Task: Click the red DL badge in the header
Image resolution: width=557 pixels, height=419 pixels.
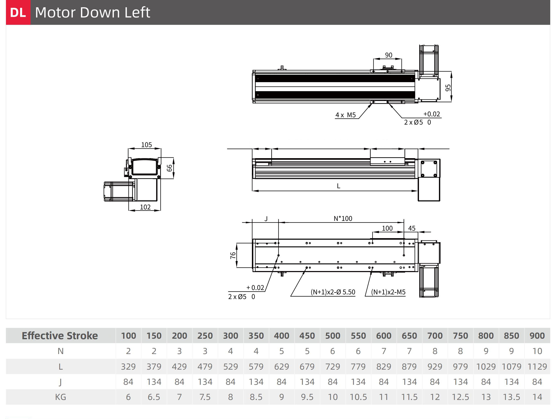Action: (18, 12)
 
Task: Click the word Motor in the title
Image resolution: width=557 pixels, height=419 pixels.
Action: (55, 12)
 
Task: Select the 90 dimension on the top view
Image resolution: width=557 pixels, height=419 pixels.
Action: (389, 55)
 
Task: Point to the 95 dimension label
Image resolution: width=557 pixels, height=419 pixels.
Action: (448, 88)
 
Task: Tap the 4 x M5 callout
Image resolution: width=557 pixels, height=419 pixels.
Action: (346, 115)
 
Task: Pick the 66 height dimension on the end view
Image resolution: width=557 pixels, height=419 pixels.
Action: (169, 168)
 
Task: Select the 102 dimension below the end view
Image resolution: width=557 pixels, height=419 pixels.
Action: (145, 207)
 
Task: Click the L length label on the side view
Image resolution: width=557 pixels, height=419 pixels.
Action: (338, 186)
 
